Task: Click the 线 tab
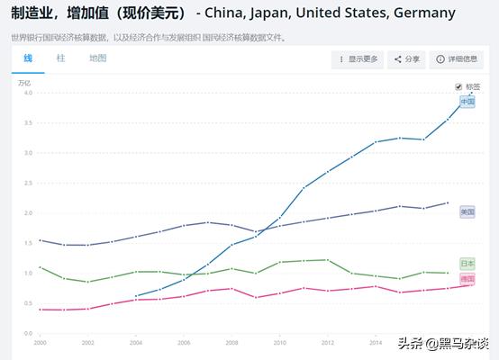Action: [x=28, y=58]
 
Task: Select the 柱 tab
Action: [x=60, y=58]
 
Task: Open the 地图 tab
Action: [x=97, y=58]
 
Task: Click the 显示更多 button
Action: [x=358, y=59]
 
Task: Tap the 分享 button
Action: [x=408, y=59]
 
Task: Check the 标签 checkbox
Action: [x=458, y=86]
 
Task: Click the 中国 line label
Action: [x=467, y=102]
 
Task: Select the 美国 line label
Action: [x=467, y=211]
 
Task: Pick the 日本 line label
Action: [x=467, y=264]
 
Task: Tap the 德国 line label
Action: [x=467, y=280]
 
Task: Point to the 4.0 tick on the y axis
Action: [x=28, y=93]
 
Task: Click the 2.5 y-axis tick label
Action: [x=28, y=183]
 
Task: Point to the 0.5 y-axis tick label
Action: [x=28, y=303]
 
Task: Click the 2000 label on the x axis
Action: [x=40, y=343]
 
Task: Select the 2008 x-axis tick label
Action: [x=231, y=343]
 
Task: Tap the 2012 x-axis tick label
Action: [x=327, y=343]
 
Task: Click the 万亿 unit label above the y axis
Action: [x=24, y=82]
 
